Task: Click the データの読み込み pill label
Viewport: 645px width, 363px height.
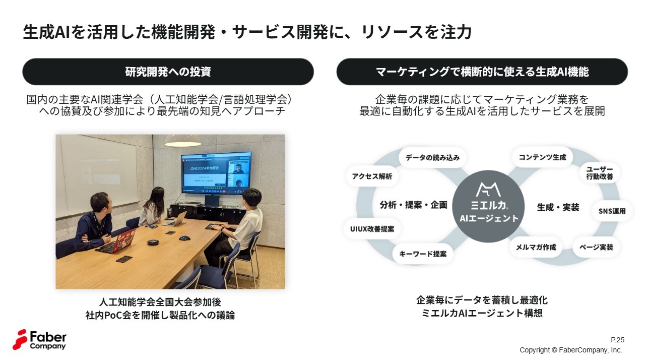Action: point(432,157)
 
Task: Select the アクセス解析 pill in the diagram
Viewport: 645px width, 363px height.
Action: point(372,176)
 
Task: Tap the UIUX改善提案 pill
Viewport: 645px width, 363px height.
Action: point(372,228)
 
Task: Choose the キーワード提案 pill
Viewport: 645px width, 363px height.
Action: point(422,254)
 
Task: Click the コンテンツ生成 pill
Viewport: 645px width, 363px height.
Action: point(542,157)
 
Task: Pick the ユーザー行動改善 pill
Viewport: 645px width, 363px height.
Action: point(599,172)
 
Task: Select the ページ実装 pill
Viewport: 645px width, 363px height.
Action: point(596,247)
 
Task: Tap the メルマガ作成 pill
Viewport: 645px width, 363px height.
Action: point(535,247)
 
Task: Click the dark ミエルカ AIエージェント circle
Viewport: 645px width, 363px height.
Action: point(488,206)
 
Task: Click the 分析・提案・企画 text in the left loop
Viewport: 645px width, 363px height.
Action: point(413,205)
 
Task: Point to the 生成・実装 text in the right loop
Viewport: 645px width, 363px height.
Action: point(558,207)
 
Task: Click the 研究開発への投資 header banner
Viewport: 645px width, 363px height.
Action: point(168,72)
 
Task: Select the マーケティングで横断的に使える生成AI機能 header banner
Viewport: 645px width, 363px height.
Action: point(482,72)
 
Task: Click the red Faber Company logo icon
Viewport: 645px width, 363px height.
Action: point(20,339)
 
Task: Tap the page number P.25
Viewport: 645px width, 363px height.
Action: point(617,340)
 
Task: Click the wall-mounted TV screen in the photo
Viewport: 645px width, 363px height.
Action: point(216,173)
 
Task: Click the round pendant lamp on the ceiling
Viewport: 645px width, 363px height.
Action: point(182,143)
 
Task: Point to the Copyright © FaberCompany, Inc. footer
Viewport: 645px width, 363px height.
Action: point(571,350)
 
